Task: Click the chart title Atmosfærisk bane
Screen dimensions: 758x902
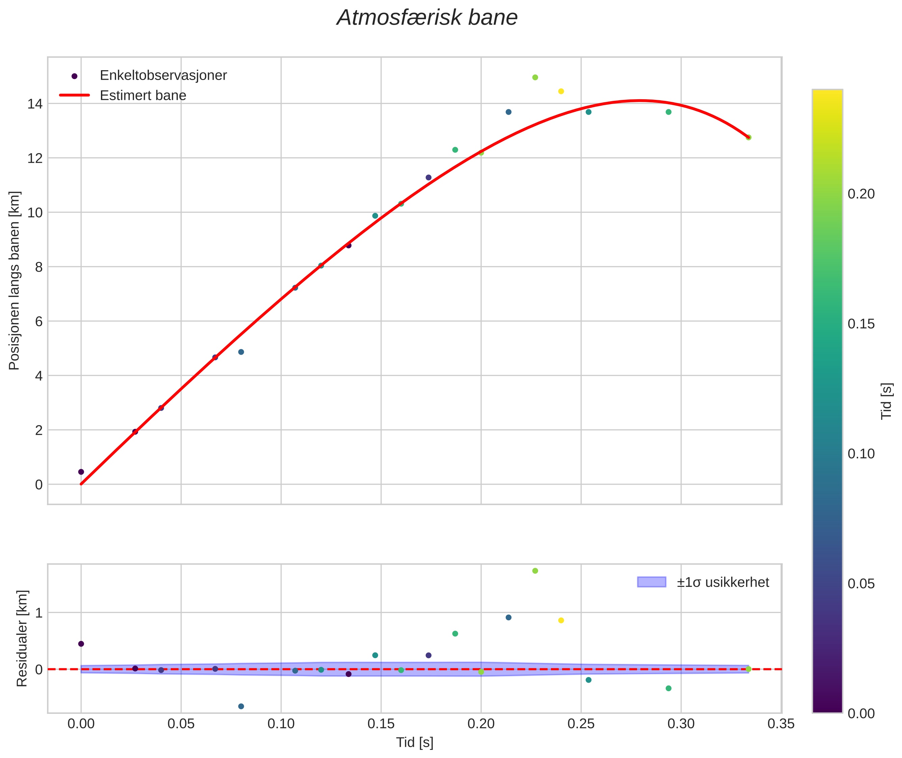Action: (x=427, y=18)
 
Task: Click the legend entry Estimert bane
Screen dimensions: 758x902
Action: (x=143, y=96)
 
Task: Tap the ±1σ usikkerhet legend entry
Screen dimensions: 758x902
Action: (x=722, y=582)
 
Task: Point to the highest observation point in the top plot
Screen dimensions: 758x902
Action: (x=535, y=77)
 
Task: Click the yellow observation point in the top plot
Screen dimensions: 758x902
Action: (x=561, y=91)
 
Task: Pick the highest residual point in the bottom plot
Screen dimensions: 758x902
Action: (x=535, y=571)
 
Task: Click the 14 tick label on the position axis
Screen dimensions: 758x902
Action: (x=35, y=104)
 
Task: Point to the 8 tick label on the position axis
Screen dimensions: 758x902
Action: (x=39, y=267)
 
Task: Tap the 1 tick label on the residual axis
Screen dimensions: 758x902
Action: (x=39, y=613)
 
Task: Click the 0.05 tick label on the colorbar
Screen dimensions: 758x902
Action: (x=861, y=584)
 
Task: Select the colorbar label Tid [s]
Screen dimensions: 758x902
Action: (x=886, y=401)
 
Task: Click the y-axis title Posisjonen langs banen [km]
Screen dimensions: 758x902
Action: (x=14, y=280)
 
